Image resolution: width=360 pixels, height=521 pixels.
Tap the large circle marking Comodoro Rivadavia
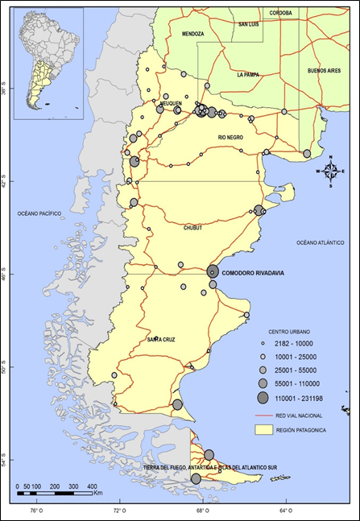(x=213, y=271)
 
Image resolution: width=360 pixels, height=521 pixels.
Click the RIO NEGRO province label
(x=230, y=138)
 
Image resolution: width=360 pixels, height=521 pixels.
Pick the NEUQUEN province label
(x=170, y=103)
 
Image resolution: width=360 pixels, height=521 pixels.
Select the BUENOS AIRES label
(x=324, y=71)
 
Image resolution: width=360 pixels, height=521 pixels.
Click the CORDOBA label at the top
(x=280, y=13)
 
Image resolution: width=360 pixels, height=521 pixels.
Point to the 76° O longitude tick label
(x=36, y=511)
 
